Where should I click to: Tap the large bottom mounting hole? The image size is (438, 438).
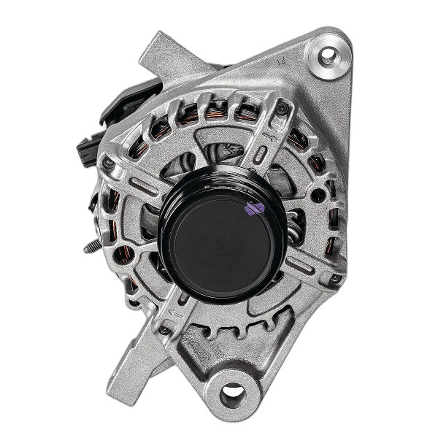coord(232,395)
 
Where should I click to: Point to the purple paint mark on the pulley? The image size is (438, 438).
coord(254,209)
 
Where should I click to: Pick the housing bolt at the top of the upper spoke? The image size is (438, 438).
coord(283,109)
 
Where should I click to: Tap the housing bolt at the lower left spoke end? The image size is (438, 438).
coord(165,330)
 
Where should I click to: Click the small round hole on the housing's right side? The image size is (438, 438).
coord(319,196)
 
